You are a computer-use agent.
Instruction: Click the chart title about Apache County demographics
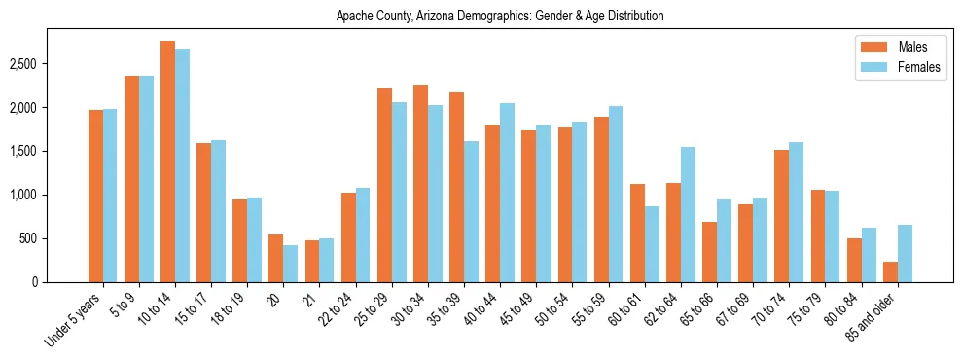pyautogui.click(x=500, y=17)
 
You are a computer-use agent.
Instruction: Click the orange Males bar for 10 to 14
pyautogui.click(x=167, y=162)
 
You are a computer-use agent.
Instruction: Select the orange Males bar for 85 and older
pyautogui.click(x=890, y=271)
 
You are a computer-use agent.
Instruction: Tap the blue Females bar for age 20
pyautogui.click(x=290, y=264)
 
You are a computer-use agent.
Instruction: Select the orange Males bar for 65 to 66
pyautogui.click(x=710, y=252)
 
